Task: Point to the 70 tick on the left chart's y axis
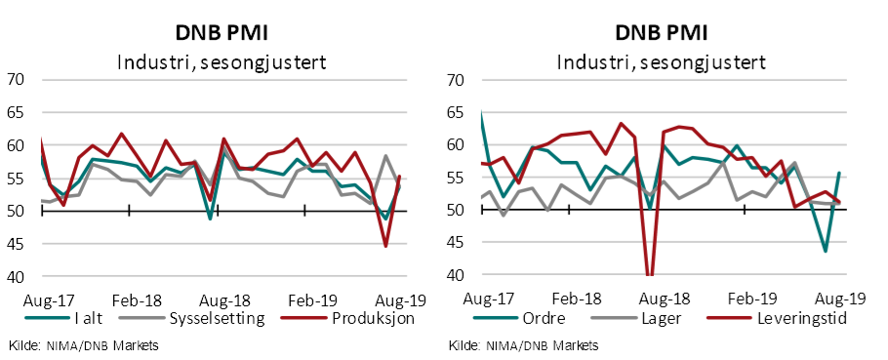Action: point(18,80)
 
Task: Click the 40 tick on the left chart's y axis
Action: point(18,277)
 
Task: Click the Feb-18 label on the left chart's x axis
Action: point(131,299)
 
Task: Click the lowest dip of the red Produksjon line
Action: point(385,246)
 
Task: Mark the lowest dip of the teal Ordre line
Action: point(826,251)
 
